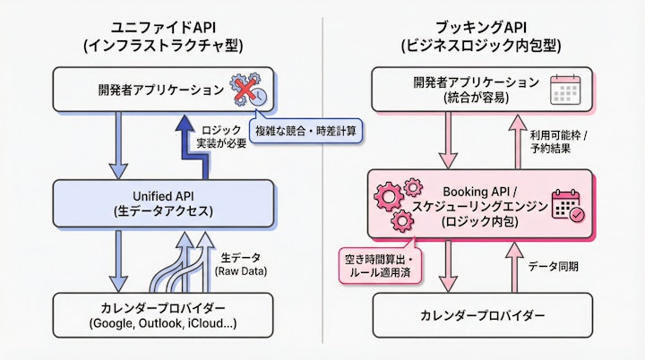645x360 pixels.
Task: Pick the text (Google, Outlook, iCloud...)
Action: tap(162, 324)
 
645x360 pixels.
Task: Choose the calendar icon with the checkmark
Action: tap(568, 205)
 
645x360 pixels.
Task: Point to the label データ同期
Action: tap(553, 266)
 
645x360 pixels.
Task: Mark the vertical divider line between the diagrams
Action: tap(323, 179)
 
